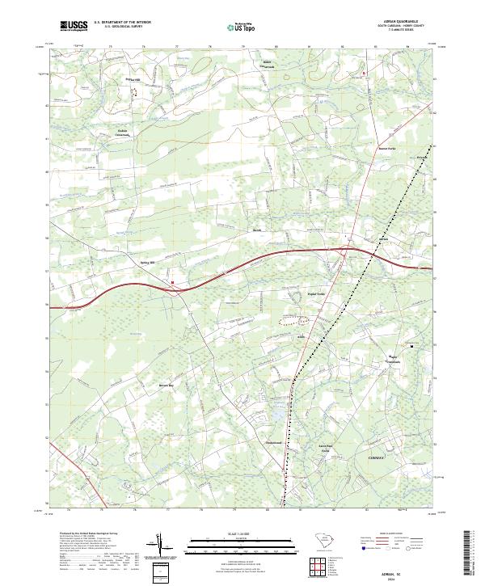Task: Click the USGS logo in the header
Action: click(x=74, y=26)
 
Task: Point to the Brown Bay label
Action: click(x=165, y=385)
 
